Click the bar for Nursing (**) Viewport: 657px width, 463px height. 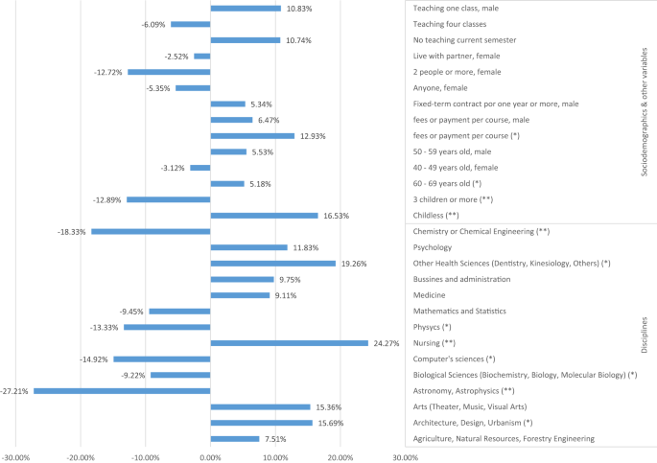click(289, 342)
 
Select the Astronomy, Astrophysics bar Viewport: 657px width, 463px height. click(122, 390)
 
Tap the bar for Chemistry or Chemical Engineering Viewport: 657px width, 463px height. click(151, 231)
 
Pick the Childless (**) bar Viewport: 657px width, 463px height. click(264, 216)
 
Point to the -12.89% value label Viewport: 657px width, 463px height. click(107, 199)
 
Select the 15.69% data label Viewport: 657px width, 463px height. click(332, 423)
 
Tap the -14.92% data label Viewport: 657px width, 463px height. click(94, 359)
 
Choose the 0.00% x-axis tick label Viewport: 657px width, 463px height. click(210, 457)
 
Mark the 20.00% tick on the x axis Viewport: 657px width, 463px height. click(340, 457)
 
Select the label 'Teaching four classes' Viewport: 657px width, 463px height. click(449, 24)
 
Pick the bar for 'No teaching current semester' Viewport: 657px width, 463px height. click(245, 40)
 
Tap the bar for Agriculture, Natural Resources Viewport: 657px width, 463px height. click(235, 438)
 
